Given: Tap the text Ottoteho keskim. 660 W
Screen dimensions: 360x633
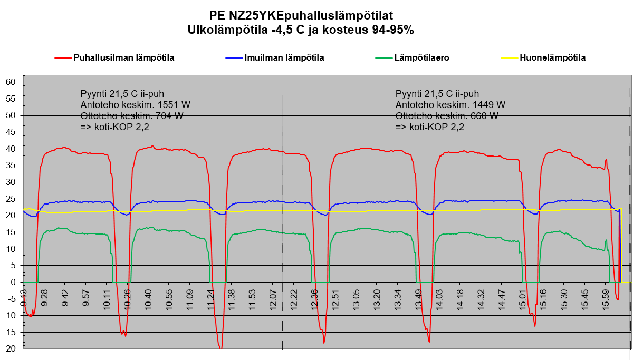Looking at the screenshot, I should [446, 116].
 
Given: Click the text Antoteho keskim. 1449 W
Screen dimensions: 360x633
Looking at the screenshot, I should [450, 105].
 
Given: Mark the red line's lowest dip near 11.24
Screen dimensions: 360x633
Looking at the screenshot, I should [220, 348].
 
